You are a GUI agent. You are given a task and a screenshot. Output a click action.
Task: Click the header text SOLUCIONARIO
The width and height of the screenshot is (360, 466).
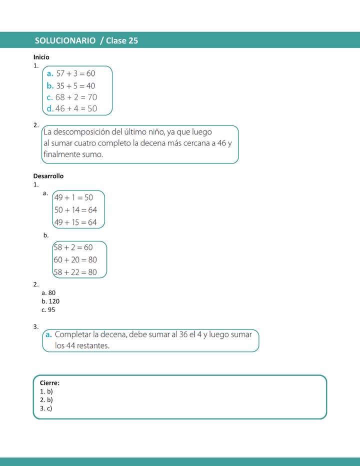tap(65, 40)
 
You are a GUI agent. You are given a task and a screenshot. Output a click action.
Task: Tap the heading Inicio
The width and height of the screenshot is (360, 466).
tap(41, 57)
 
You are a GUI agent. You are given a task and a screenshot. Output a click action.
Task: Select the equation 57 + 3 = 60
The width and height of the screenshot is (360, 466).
tap(75, 73)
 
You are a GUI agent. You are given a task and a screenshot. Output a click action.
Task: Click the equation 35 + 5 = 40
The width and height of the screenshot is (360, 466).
tap(75, 85)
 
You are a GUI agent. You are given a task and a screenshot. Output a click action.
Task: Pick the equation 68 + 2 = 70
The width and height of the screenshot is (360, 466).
tap(76, 97)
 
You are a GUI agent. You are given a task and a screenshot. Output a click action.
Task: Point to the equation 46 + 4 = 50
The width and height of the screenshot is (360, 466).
tap(76, 108)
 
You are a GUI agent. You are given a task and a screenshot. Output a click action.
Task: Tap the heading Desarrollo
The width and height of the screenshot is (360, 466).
tap(48, 176)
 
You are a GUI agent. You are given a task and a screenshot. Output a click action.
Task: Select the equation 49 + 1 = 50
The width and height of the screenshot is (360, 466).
tap(74, 197)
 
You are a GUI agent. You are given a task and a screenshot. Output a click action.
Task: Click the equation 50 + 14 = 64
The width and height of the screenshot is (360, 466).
tap(75, 210)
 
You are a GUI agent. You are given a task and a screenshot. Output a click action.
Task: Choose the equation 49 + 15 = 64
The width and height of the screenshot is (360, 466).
tap(75, 222)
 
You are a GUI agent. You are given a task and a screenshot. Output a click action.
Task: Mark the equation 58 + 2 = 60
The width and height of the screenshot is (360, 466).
tap(73, 247)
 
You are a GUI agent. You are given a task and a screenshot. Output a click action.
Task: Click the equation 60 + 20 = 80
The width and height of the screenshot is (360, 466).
tap(75, 259)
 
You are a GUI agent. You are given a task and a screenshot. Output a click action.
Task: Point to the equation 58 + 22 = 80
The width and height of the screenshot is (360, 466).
tap(75, 272)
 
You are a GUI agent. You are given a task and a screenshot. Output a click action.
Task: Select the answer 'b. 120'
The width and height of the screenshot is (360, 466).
tap(51, 301)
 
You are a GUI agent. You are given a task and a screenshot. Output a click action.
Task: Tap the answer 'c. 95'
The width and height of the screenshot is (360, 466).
tap(49, 310)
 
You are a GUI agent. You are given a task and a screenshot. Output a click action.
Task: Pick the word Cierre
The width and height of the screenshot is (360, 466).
tap(49, 383)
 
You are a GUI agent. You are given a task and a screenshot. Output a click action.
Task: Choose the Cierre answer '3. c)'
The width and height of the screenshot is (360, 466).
tap(46, 408)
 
